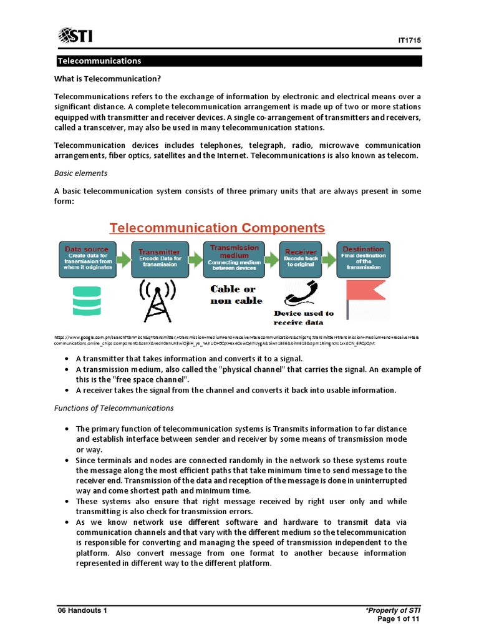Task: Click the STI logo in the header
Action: pos(75,36)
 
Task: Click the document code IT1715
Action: pos(410,40)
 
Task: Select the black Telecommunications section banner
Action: pos(239,61)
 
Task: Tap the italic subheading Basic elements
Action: pos(80,173)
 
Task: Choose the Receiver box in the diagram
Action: pos(301,259)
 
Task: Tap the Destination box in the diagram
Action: pos(364,259)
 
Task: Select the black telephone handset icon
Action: pos(301,292)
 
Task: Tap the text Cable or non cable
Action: pos(233,295)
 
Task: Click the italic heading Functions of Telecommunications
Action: pos(114,407)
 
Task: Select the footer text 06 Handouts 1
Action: pos(82,611)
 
